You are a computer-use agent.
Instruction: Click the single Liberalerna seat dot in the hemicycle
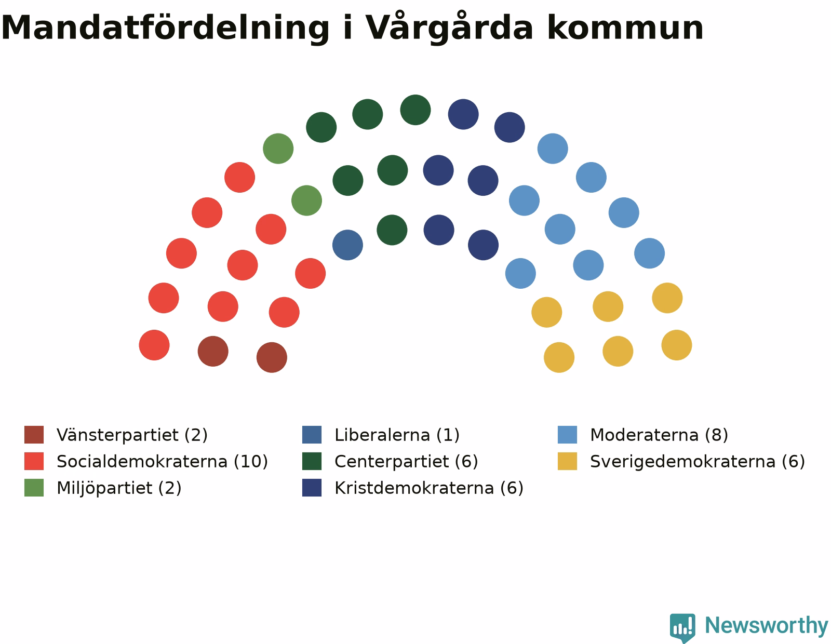point(347,245)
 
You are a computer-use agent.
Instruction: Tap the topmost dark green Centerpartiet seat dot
point(415,110)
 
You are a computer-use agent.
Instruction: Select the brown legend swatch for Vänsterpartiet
point(34,434)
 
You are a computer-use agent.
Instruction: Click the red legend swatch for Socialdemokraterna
point(34,461)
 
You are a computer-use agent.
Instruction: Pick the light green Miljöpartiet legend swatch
point(34,488)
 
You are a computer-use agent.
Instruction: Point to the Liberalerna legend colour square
point(312,434)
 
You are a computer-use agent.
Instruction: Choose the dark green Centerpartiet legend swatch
point(312,461)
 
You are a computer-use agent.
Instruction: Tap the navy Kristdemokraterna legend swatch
point(312,488)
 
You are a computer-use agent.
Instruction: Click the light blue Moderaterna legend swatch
point(567,434)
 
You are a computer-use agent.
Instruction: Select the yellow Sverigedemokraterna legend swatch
point(567,461)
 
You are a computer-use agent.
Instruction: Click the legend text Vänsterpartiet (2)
point(132,435)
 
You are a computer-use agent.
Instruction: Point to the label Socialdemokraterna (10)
point(162,461)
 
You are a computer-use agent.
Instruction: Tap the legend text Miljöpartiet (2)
point(119,488)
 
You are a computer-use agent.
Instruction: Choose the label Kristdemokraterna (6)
point(428,488)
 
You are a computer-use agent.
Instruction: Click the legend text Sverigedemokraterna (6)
point(697,462)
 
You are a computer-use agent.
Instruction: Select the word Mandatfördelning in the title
point(165,28)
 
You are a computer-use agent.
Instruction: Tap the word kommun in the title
point(625,28)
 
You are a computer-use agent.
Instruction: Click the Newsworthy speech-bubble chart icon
point(682,627)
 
